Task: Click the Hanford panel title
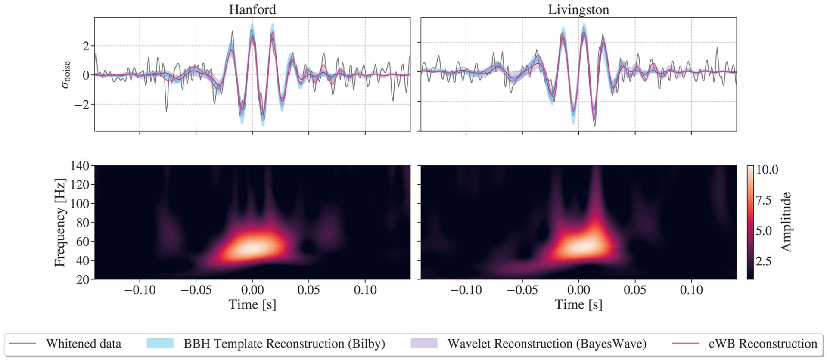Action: click(252, 9)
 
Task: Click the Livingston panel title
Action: click(578, 9)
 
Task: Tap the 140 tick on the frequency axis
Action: click(80, 166)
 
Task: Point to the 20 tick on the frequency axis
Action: click(83, 279)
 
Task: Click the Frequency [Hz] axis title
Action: click(60, 222)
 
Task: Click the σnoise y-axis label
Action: click(65, 74)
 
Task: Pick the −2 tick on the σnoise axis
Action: click(82, 104)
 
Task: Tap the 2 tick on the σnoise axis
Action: click(86, 46)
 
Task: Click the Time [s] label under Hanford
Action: click(252, 304)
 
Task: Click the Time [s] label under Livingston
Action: click(578, 304)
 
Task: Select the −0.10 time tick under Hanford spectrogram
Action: click(140, 290)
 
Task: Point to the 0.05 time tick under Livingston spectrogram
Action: click(635, 290)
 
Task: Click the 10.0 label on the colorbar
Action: click(767, 170)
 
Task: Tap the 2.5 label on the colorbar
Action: click(763, 261)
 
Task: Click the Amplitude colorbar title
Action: click(787, 222)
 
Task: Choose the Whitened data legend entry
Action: click(84, 344)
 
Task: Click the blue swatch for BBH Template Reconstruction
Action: click(160, 343)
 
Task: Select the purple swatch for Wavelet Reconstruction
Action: click(424, 343)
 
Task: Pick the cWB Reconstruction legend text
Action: click(762, 344)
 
